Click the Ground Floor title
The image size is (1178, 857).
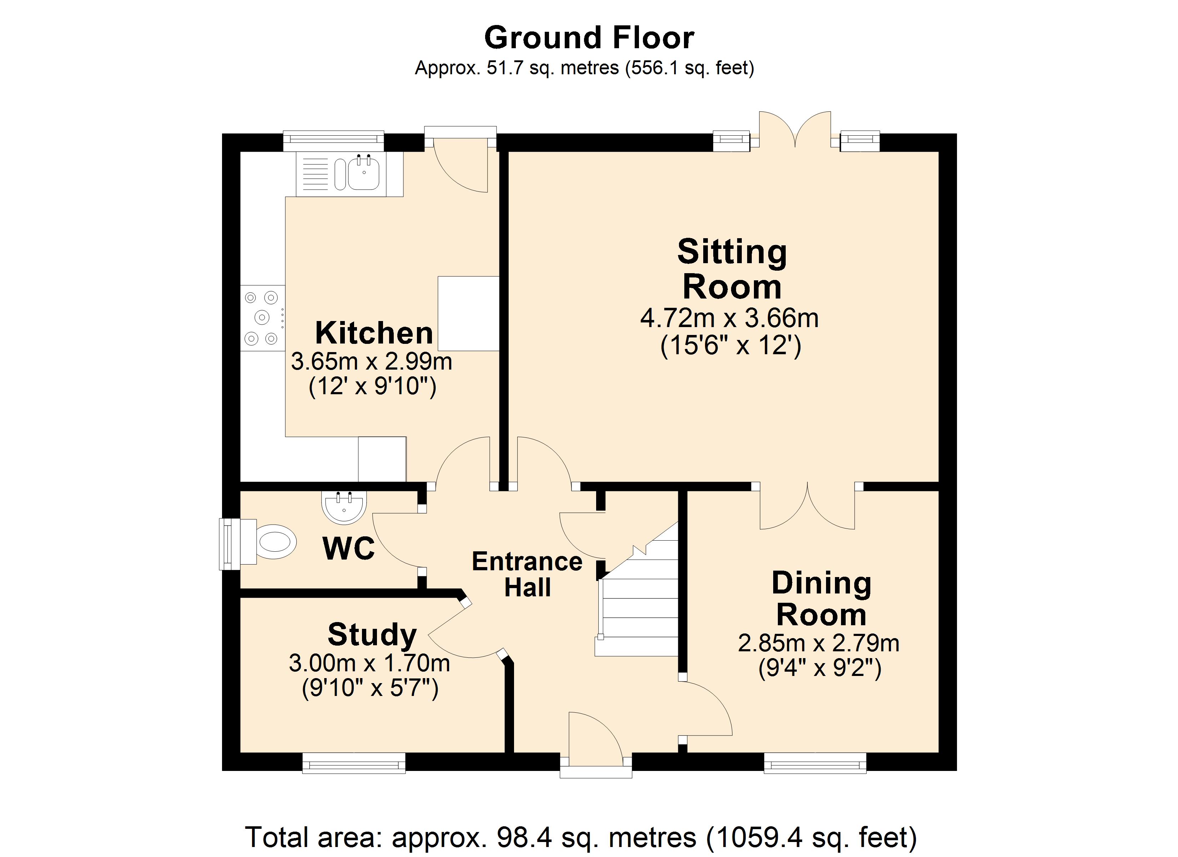(589, 38)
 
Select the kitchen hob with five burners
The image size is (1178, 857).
(263, 317)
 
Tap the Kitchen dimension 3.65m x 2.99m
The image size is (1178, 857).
(371, 361)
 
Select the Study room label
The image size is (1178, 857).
(372, 635)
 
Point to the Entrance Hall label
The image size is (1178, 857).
(527, 574)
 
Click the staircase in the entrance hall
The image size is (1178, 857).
(637, 598)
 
